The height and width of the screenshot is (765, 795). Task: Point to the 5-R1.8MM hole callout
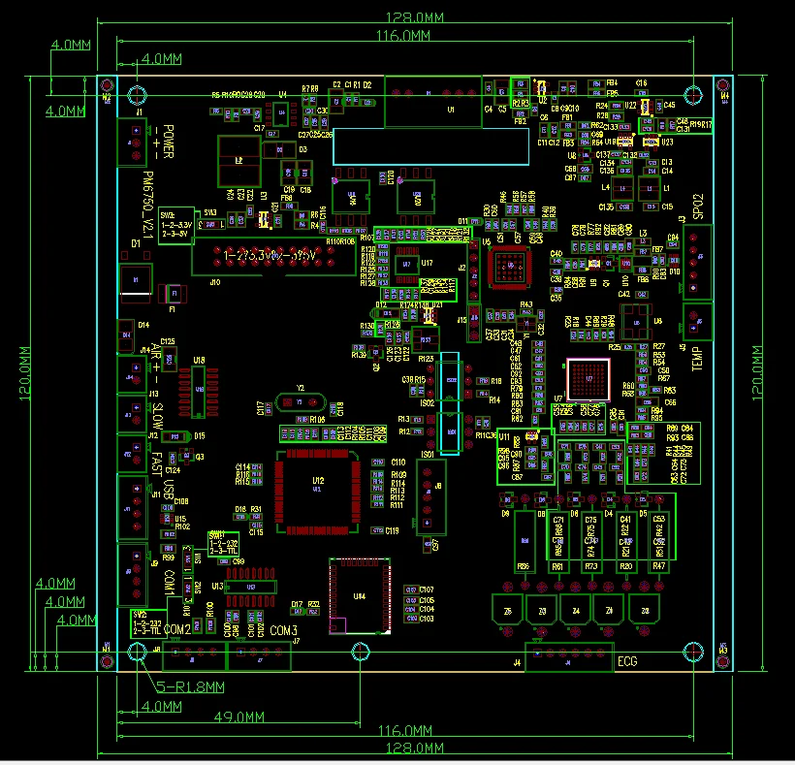pyautogui.click(x=191, y=686)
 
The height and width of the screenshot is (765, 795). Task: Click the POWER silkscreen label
pyautogui.click(x=167, y=143)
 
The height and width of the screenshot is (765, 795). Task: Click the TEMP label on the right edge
pyautogui.click(x=696, y=357)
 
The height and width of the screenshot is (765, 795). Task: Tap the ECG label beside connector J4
pyautogui.click(x=628, y=664)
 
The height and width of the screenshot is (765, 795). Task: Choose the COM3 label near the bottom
pyautogui.click(x=284, y=631)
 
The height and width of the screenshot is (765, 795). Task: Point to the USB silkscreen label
pyautogui.click(x=169, y=492)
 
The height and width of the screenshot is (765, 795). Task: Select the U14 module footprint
pyautogui.click(x=360, y=595)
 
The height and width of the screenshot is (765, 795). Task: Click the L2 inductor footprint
pyautogui.click(x=238, y=161)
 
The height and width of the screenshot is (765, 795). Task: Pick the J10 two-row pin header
pyautogui.click(x=254, y=258)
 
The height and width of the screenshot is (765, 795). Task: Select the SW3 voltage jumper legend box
pyautogui.click(x=175, y=224)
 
